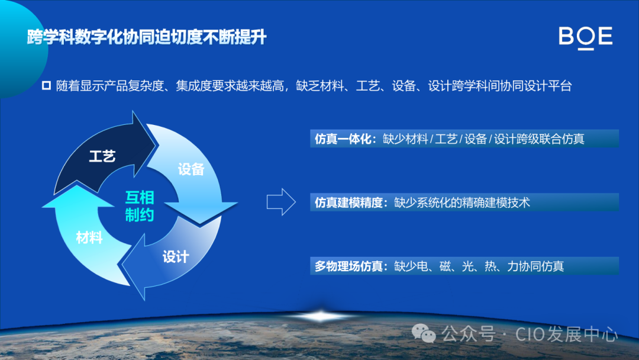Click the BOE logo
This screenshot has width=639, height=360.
tap(585, 37)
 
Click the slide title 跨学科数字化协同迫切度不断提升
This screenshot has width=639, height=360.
tap(147, 38)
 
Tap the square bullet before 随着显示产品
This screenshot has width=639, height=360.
tap(47, 85)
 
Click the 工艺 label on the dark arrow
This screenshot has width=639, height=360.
tap(102, 156)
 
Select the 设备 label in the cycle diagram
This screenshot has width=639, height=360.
tap(191, 169)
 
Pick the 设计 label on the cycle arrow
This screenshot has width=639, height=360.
tap(176, 256)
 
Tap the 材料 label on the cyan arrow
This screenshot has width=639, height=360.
tap(89, 238)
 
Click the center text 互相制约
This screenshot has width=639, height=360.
tap(140, 205)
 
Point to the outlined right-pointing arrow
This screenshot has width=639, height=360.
tap(280, 202)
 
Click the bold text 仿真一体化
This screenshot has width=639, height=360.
tap(342, 139)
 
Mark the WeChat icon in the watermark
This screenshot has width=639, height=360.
tap(424, 335)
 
